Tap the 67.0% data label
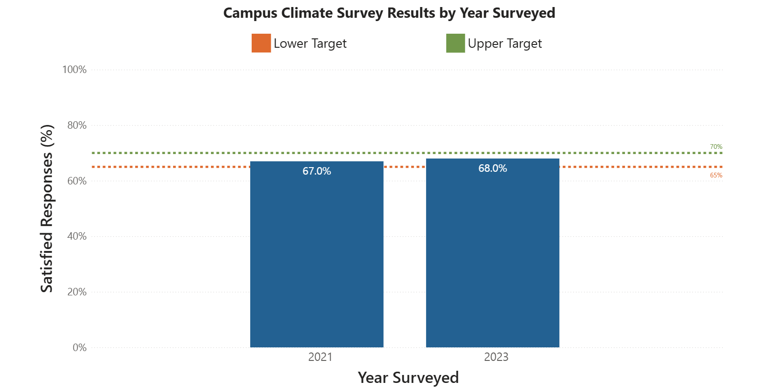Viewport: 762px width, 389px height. tap(317, 171)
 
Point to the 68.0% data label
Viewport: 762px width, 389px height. tap(493, 169)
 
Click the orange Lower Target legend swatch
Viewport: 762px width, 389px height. tap(261, 43)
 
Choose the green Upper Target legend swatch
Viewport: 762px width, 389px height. tap(455, 43)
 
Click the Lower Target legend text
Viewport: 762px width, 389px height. tap(310, 44)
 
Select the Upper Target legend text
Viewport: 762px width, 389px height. tap(505, 44)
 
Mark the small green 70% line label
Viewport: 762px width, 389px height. tap(716, 147)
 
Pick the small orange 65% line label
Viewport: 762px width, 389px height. tap(716, 176)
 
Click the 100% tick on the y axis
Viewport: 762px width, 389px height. tap(74, 70)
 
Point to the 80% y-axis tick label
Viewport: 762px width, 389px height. tap(77, 125)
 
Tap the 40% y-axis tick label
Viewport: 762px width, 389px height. tap(77, 236)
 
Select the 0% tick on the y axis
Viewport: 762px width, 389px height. tap(80, 348)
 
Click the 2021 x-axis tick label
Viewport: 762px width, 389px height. tap(320, 357)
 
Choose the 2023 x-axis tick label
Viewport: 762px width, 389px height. tap(496, 357)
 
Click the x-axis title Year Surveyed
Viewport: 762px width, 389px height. tap(408, 377)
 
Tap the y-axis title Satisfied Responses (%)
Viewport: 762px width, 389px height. tap(47, 209)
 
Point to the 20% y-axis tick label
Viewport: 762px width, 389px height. tap(77, 292)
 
